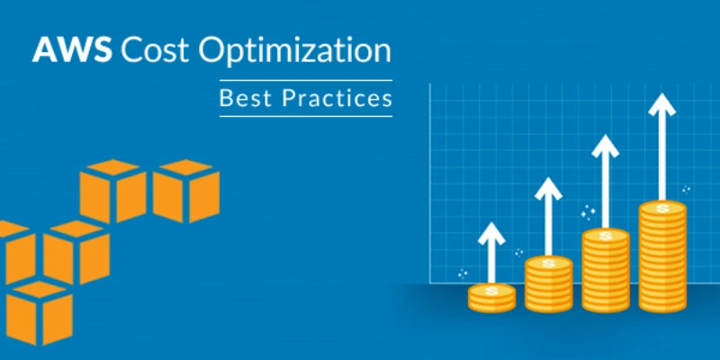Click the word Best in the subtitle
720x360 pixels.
pyautogui.click(x=246, y=97)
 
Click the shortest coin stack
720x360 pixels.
pyautogui.click(x=490, y=298)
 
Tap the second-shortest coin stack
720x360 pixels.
pyautogui.click(x=548, y=283)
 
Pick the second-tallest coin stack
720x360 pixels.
pyautogui.click(x=606, y=270)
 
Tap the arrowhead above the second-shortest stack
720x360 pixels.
pyautogui.click(x=548, y=190)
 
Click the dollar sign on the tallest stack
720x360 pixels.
pyautogui.click(x=662, y=208)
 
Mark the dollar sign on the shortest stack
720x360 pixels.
pyautogui.click(x=490, y=290)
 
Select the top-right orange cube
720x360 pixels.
pyautogui.click(x=186, y=190)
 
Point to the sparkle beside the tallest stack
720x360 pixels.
pyautogui.click(x=686, y=190)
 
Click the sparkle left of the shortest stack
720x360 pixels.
pyautogui.click(x=463, y=273)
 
